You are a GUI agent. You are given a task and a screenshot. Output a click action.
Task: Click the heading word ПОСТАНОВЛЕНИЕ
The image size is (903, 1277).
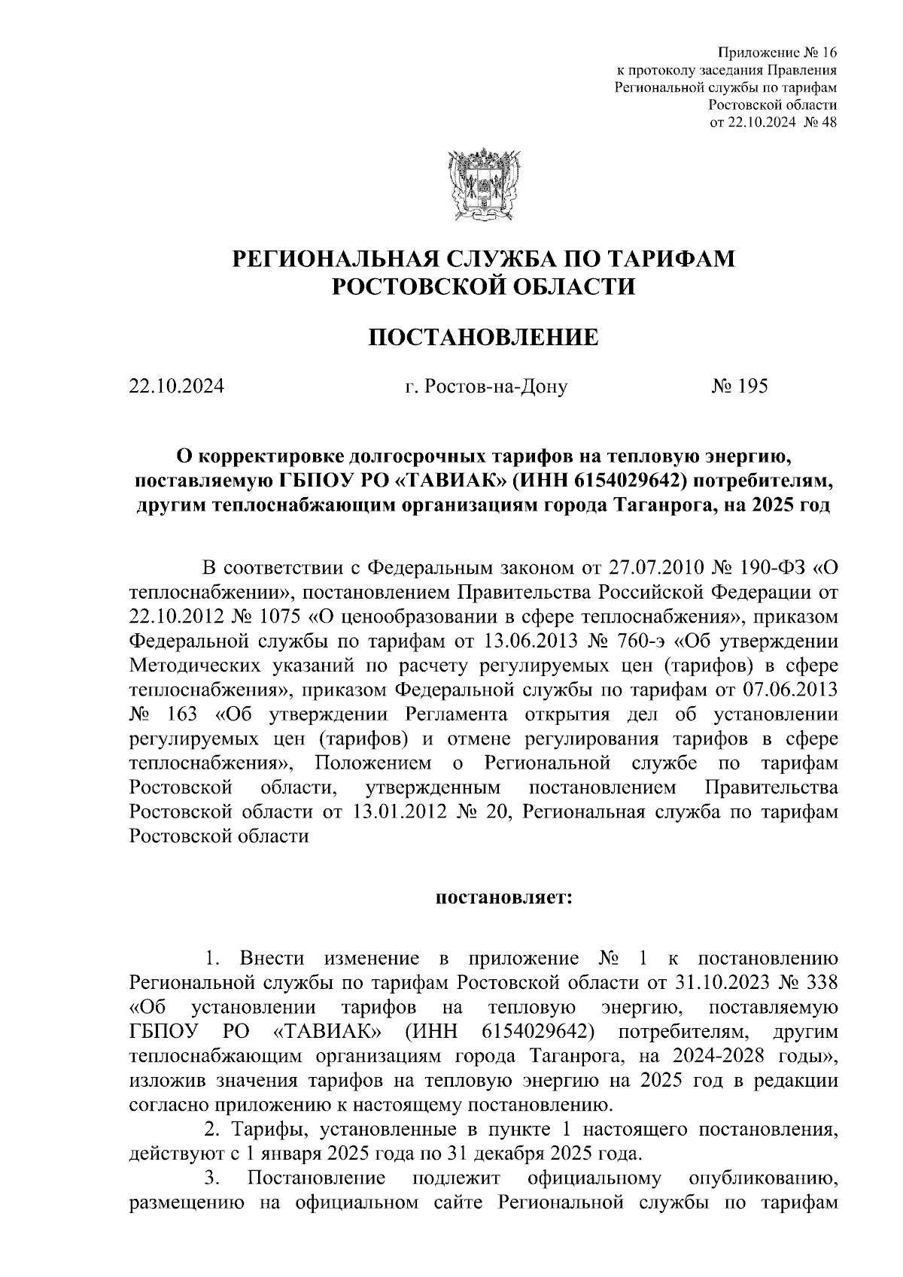(482, 338)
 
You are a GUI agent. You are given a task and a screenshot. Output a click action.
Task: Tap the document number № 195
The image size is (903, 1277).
(739, 387)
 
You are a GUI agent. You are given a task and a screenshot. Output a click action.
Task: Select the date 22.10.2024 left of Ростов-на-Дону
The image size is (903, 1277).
(176, 387)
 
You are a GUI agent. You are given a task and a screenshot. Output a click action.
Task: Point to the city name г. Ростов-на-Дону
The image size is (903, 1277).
(485, 387)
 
